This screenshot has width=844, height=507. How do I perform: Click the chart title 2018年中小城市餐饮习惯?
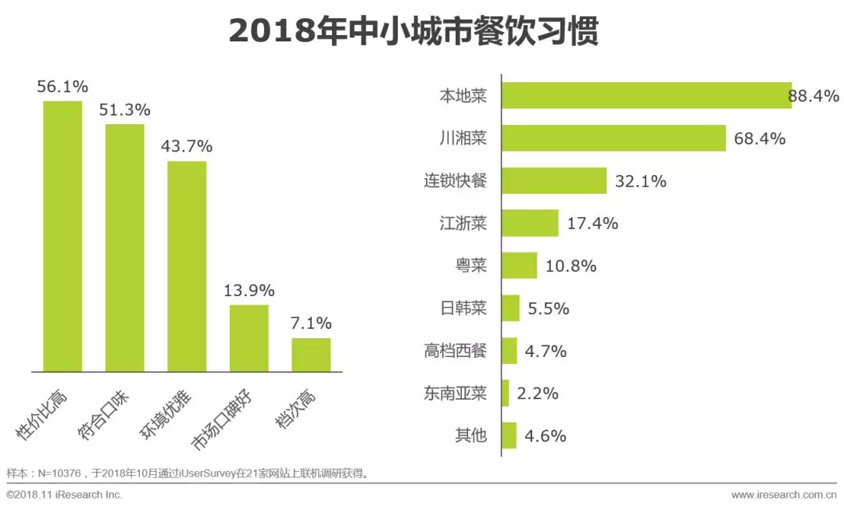[413, 32]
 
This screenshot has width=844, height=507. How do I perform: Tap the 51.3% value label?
[124, 110]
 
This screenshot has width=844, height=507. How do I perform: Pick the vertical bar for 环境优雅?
[187, 266]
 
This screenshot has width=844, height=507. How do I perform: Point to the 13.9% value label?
[249, 291]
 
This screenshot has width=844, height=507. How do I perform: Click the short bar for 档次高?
[311, 355]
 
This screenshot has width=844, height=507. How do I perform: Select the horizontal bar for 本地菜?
[646, 95]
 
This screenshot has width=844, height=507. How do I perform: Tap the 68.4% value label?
[760, 139]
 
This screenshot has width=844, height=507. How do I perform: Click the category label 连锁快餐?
[455, 181]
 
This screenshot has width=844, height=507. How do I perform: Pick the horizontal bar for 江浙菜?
[530, 223]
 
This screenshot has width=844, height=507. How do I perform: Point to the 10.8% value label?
[570, 266]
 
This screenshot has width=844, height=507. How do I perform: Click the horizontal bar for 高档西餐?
[510, 351]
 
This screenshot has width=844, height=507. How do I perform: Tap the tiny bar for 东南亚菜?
[506, 393]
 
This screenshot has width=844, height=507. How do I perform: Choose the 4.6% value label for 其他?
[545, 436]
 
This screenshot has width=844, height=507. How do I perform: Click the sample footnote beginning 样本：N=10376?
[188, 473]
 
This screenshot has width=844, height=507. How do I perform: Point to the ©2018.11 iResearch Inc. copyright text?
[65, 495]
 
